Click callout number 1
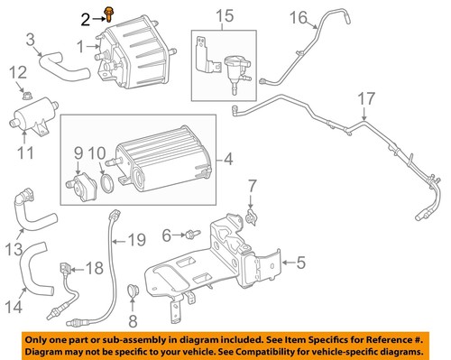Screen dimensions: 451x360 (x=81, y=45)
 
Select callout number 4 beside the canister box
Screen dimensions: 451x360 (x=229, y=162)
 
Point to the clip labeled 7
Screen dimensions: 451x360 (x=251, y=216)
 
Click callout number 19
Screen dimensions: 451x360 (x=136, y=239)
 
